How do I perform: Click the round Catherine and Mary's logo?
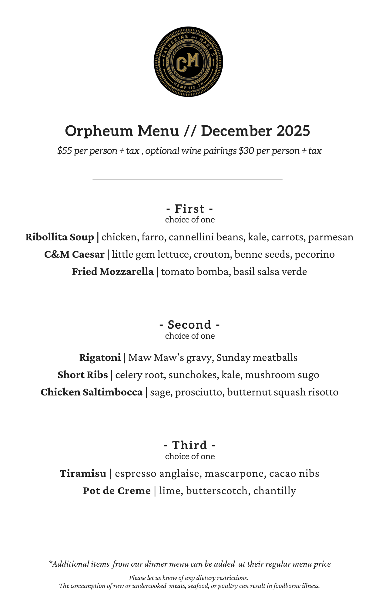pos(188,62)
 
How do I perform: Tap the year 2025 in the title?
pos(293,131)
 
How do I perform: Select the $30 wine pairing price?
pos(246,151)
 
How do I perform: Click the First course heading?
pos(190,209)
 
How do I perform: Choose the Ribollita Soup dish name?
pos(60,237)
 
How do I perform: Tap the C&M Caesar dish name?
pos(74,254)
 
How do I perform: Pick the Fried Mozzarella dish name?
pos(113,272)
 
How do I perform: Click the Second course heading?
pos(190,325)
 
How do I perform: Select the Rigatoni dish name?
pos(100,358)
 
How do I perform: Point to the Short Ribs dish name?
pos(83,375)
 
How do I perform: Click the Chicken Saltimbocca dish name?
pos(92,392)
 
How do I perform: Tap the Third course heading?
pos(190,445)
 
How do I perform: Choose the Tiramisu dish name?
pos(83,473)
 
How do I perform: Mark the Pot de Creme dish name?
pos(117,491)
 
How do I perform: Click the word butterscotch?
pos(217,491)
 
